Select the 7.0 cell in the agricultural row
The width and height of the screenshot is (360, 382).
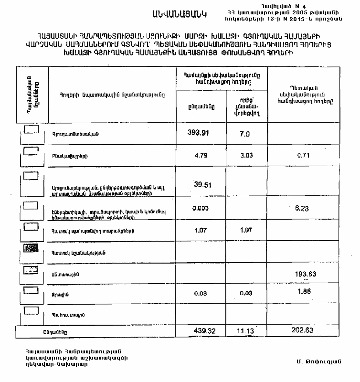(244, 134)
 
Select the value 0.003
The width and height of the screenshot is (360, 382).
(200, 208)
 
